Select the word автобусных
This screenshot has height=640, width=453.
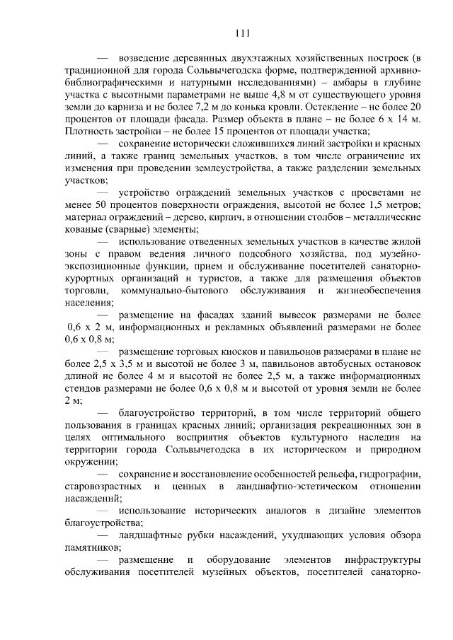[337, 364]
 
